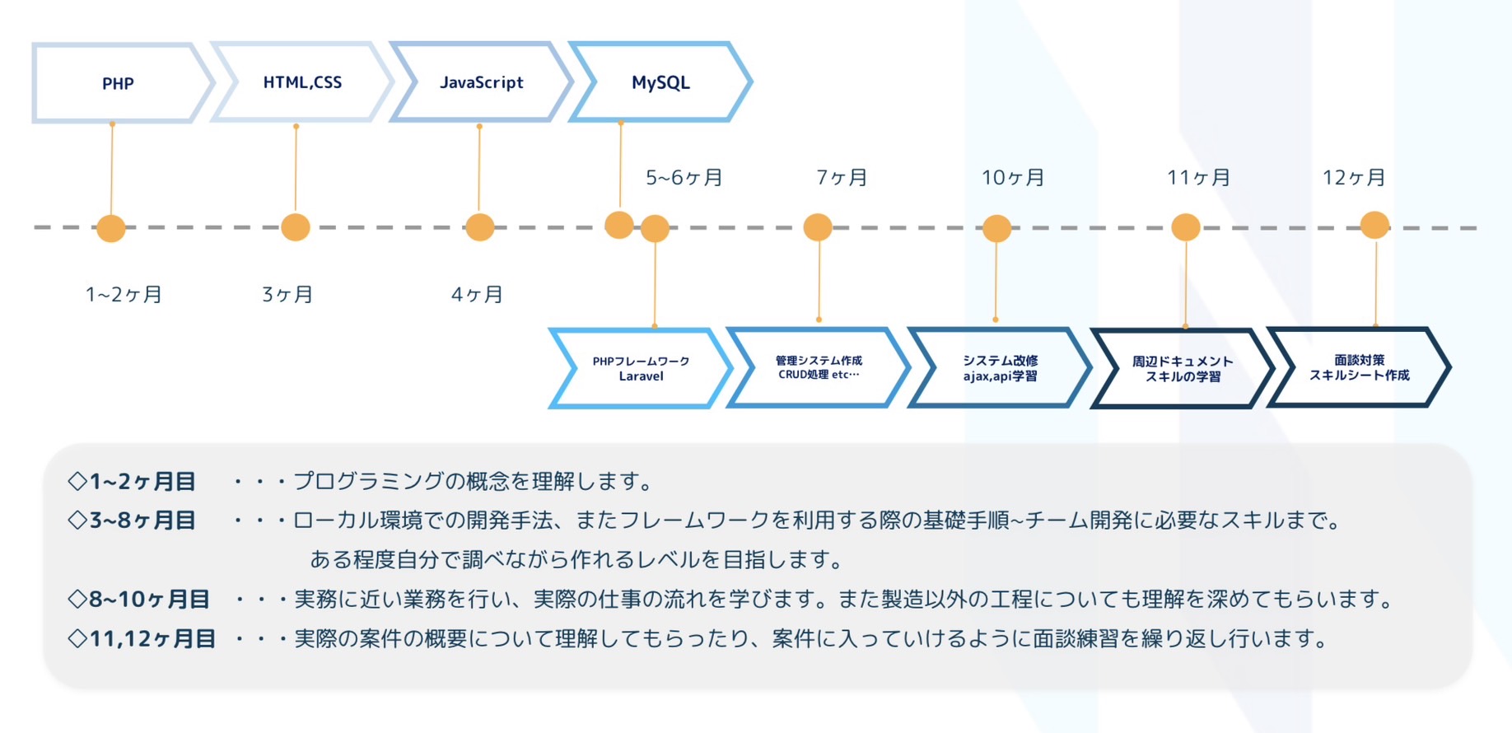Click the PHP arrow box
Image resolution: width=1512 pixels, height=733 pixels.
tap(119, 82)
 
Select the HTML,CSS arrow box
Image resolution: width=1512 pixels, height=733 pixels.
tap(301, 82)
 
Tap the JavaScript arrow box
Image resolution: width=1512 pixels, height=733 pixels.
tap(481, 82)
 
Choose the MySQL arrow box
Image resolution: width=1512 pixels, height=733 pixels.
tap(660, 82)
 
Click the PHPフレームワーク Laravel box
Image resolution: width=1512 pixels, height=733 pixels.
tap(641, 368)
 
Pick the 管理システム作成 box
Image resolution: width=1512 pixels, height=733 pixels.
tap(819, 367)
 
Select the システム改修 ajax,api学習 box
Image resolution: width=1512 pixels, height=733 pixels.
tap(1000, 367)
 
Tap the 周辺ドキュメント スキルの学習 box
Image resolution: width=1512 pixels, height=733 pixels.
tap(1182, 368)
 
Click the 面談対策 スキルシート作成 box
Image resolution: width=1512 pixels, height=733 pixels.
tap(1359, 367)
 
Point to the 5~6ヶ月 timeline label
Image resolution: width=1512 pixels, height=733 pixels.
tap(684, 177)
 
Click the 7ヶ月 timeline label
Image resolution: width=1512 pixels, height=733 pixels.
tap(841, 177)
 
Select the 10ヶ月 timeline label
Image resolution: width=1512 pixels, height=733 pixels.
tap(1013, 177)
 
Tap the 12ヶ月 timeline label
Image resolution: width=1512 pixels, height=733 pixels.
tap(1353, 177)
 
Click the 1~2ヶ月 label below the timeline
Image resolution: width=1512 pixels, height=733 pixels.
tap(124, 294)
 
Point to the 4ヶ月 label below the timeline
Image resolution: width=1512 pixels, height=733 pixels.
tap(476, 294)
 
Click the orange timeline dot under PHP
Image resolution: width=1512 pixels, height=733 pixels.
tap(111, 228)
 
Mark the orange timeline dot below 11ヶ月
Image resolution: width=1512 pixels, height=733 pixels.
tap(1186, 227)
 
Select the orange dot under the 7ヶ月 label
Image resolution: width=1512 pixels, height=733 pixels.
tap(818, 227)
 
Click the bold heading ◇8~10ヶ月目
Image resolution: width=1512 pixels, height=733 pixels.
tap(138, 599)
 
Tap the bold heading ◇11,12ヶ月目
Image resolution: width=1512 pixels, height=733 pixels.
tap(142, 638)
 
